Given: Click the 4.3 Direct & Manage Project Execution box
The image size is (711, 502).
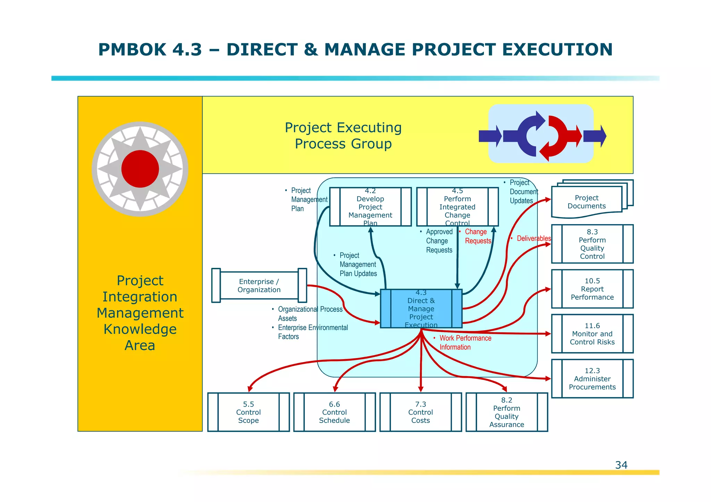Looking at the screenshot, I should (421, 309).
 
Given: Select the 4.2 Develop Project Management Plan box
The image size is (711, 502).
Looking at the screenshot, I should (370, 207).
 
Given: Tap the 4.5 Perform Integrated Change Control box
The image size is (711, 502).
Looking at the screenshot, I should (457, 207).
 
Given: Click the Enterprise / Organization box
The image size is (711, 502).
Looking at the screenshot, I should (259, 286).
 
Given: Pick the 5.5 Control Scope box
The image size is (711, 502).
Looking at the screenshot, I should (248, 412).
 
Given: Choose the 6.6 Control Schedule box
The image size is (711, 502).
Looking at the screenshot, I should (334, 412).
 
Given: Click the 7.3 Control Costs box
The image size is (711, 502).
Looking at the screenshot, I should (420, 412).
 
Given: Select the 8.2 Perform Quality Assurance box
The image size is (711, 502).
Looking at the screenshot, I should (507, 412).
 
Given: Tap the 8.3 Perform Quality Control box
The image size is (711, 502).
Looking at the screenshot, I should (592, 244).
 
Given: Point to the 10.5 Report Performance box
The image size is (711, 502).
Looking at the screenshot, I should (592, 289).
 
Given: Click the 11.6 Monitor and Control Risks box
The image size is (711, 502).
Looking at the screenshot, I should (592, 334).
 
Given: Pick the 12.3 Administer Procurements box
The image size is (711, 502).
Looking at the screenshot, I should (592, 378).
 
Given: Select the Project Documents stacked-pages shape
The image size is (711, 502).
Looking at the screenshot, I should (587, 202).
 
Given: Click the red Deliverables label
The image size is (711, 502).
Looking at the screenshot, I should (534, 238).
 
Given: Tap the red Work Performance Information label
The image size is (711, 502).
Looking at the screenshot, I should (465, 342).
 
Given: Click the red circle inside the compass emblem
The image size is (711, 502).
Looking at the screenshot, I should (140, 169).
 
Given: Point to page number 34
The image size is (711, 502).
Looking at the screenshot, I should (621, 465).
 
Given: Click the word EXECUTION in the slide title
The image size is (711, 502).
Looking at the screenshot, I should (557, 50).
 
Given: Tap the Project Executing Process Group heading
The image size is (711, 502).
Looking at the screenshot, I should (343, 136).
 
